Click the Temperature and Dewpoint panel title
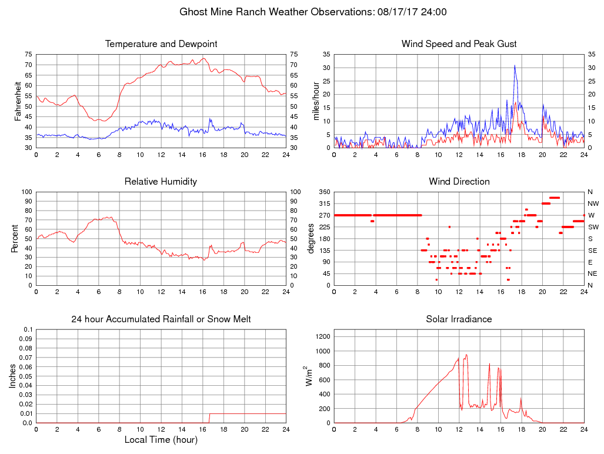(161, 44)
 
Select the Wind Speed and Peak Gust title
(459, 44)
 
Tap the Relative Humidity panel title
(161, 182)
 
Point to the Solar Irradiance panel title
(459, 319)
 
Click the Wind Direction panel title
(459, 182)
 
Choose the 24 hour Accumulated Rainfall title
(161, 319)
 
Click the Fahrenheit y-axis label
(18, 101)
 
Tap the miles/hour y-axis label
(316, 101)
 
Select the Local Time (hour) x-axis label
(161, 439)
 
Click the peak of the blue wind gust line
(515, 65)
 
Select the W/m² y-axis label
(308, 376)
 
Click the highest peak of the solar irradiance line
(466, 355)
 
